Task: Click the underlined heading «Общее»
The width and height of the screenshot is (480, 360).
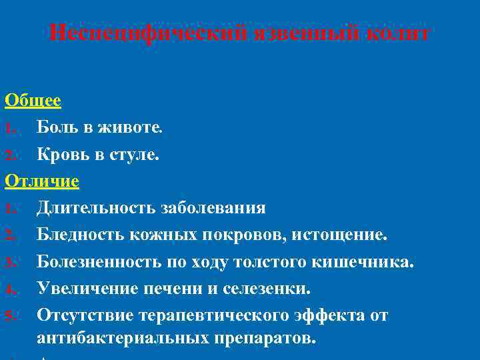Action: click(x=33, y=101)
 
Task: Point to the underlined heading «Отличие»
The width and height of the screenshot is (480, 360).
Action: click(x=41, y=181)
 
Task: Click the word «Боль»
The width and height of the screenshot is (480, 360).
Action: click(x=58, y=127)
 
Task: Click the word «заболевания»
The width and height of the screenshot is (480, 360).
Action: click(x=213, y=207)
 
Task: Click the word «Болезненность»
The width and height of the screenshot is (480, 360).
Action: click(x=105, y=261)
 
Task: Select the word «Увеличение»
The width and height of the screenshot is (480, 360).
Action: click(x=85, y=287)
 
